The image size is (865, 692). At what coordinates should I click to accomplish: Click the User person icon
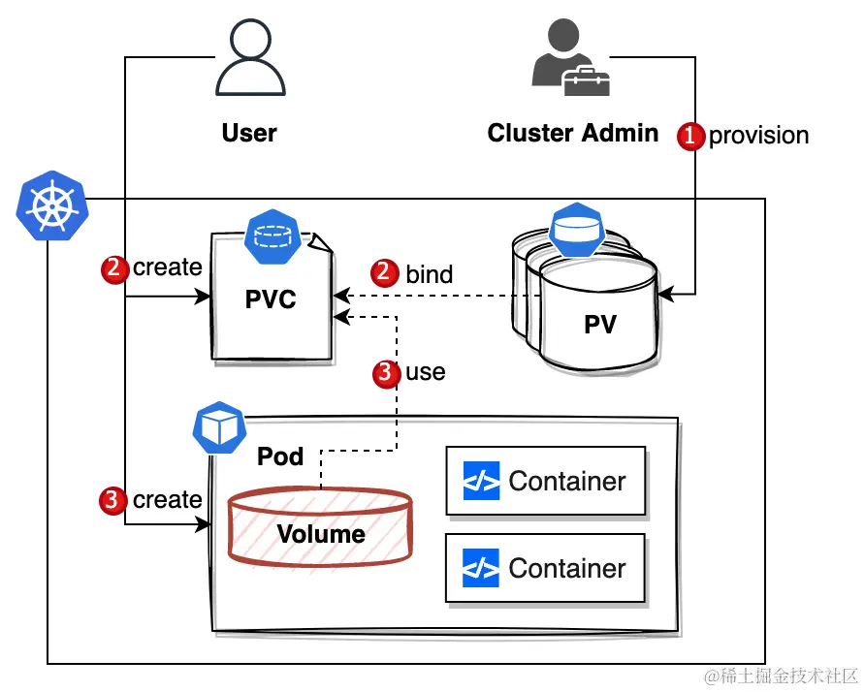tap(248, 61)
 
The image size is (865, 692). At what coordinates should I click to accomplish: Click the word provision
tap(758, 136)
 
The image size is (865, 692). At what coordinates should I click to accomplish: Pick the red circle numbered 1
tap(690, 136)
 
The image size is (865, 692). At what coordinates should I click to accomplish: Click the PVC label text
tap(270, 300)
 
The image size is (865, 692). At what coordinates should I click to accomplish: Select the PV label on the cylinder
tap(600, 325)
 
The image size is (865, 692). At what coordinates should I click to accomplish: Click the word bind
tap(429, 274)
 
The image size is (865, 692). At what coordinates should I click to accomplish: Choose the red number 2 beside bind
tap(387, 274)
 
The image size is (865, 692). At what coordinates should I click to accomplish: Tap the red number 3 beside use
tap(386, 373)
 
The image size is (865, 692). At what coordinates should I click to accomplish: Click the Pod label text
tap(280, 456)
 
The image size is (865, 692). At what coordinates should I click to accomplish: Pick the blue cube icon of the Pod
tap(218, 428)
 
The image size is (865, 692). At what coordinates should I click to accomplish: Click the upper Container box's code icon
tap(481, 481)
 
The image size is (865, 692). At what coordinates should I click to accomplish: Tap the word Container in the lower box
tap(567, 568)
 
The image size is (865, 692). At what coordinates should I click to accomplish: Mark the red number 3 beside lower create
tap(113, 500)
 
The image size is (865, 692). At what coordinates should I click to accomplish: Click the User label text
tap(249, 133)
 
